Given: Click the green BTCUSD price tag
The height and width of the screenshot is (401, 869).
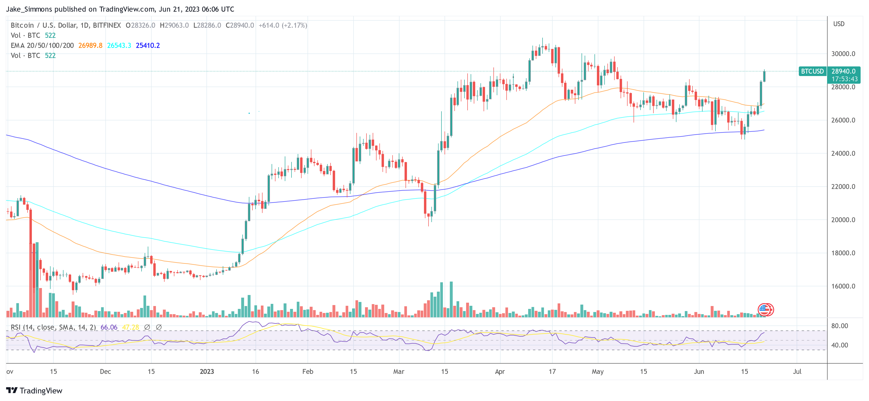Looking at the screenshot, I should [x=812, y=71].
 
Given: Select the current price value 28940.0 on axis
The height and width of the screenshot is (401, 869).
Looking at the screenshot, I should [x=843, y=71].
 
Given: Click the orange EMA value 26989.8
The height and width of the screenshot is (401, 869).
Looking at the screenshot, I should [x=90, y=45].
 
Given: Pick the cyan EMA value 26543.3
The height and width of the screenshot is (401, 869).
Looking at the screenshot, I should [x=119, y=45].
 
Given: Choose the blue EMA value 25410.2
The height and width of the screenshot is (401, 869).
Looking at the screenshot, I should [x=148, y=45].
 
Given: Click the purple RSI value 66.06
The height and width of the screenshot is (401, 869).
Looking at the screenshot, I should [x=109, y=327].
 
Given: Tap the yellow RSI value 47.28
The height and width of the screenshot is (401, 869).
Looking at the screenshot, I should [x=131, y=327].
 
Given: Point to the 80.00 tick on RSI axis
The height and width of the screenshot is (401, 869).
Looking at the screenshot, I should [x=839, y=326].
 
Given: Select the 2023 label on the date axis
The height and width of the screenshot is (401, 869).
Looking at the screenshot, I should [x=207, y=371].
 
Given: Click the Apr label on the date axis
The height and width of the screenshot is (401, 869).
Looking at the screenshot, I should [x=500, y=371].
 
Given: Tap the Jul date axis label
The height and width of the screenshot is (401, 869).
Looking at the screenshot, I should [x=797, y=371].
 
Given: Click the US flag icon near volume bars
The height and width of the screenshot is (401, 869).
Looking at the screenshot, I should [x=765, y=309].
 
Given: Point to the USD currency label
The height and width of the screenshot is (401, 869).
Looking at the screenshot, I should [x=839, y=24].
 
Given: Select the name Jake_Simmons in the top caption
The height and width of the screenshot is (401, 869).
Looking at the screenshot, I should [x=29, y=9].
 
